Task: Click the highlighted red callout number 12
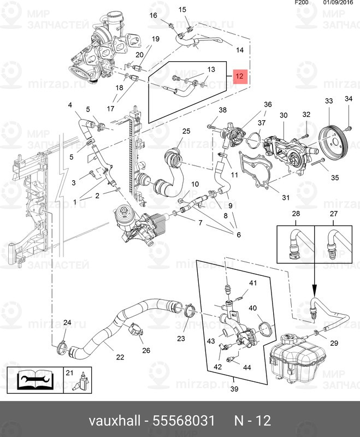pos(240,76)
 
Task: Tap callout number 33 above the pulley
pos(329,101)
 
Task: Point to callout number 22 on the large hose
pos(120,357)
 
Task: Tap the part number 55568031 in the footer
pos(190,421)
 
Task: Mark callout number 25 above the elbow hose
pos(186,131)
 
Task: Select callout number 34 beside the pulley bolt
pos(348,99)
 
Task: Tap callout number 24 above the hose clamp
pos(67,323)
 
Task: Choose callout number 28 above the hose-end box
pos(296,214)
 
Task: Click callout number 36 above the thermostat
pos(268,104)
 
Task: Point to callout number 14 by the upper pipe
pos(239,50)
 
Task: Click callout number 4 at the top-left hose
pos(69,105)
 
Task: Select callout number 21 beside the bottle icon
pos(69,373)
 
